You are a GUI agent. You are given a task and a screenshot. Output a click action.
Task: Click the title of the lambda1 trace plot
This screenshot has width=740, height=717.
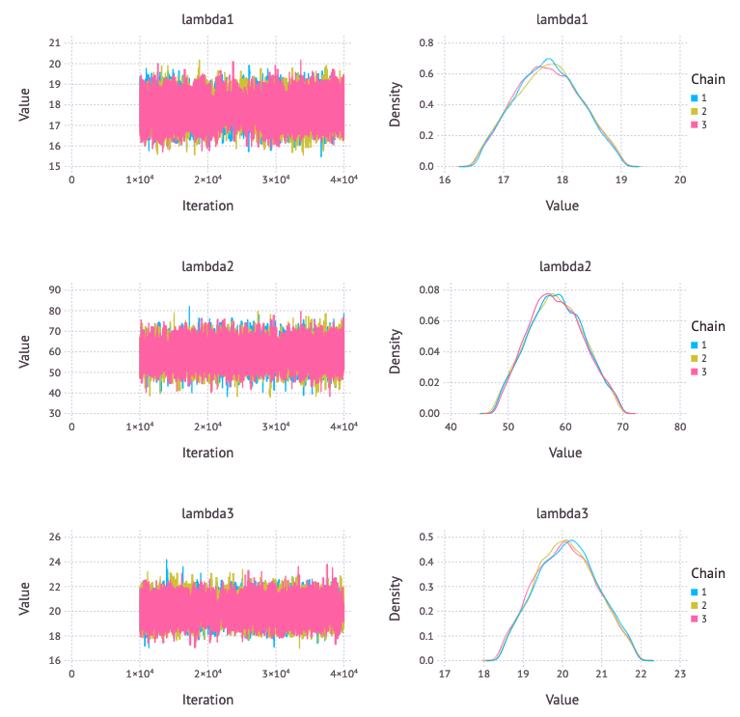point(207,19)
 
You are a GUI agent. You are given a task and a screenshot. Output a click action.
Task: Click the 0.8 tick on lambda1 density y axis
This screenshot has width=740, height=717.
point(425,43)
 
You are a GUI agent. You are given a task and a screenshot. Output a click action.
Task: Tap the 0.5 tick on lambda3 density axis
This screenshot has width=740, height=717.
point(425,538)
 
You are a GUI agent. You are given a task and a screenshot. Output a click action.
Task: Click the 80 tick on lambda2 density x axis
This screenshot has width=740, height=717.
point(680,427)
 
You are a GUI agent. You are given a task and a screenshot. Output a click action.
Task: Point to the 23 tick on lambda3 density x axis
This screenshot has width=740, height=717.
point(680,676)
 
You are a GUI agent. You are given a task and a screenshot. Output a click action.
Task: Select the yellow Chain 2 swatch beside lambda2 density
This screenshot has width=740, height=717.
point(696,360)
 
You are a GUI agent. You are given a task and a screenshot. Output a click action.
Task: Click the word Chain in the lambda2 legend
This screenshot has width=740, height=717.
point(708,326)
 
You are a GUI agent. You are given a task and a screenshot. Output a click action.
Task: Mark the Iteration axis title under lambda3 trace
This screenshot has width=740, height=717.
point(207,700)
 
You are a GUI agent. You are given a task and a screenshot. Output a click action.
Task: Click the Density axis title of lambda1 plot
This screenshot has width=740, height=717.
point(395,104)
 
